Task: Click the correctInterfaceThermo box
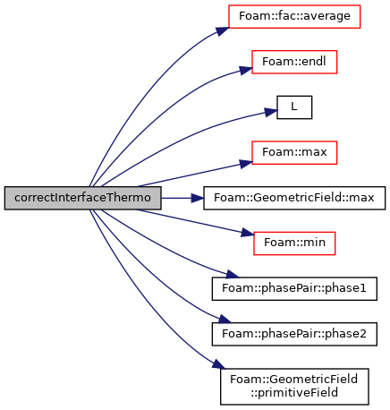82,198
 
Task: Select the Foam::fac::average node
294,16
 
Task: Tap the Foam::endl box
294,62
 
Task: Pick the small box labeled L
294,107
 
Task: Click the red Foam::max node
294,152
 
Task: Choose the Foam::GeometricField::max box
294,198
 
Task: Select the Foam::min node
294,243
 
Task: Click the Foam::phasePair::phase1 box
294,288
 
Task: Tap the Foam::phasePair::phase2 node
294,334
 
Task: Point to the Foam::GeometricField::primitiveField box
294,387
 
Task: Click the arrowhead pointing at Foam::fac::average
223,30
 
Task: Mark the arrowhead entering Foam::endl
246,70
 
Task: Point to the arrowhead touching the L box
271,112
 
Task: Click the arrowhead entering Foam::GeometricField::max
198,198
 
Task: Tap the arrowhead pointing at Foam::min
248,233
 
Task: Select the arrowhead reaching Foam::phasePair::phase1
233,274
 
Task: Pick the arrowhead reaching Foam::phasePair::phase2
225,319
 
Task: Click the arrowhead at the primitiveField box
218,363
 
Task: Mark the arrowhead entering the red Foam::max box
246,164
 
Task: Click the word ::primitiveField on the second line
294,393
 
